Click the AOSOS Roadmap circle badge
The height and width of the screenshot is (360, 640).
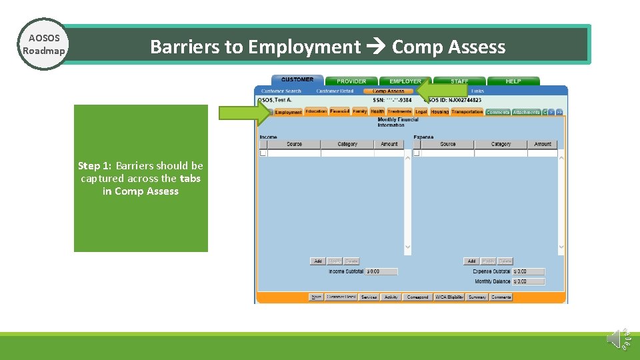(x=43, y=44)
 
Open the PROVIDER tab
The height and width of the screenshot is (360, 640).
(x=351, y=81)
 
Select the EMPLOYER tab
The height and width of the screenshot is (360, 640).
(x=405, y=81)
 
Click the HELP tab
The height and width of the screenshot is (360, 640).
(x=513, y=81)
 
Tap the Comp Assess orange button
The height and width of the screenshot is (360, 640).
(x=388, y=91)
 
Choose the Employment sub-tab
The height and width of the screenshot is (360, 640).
(x=289, y=112)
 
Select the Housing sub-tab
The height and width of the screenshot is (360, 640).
(x=439, y=112)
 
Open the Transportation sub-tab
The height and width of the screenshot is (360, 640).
(x=467, y=112)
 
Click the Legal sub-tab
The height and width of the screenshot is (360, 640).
(x=421, y=112)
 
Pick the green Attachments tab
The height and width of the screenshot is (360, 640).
(x=526, y=112)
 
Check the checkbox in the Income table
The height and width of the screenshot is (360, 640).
(x=263, y=153)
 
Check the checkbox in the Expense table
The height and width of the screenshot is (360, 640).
(x=416, y=153)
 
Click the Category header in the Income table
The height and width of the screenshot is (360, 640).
(x=347, y=144)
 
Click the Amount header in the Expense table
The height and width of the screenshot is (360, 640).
(x=543, y=144)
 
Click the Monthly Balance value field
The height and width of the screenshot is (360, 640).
(x=529, y=281)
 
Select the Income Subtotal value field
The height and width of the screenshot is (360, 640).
(x=381, y=271)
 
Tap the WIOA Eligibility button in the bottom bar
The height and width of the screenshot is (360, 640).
(x=449, y=297)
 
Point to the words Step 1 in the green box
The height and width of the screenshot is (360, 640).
(x=94, y=166)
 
